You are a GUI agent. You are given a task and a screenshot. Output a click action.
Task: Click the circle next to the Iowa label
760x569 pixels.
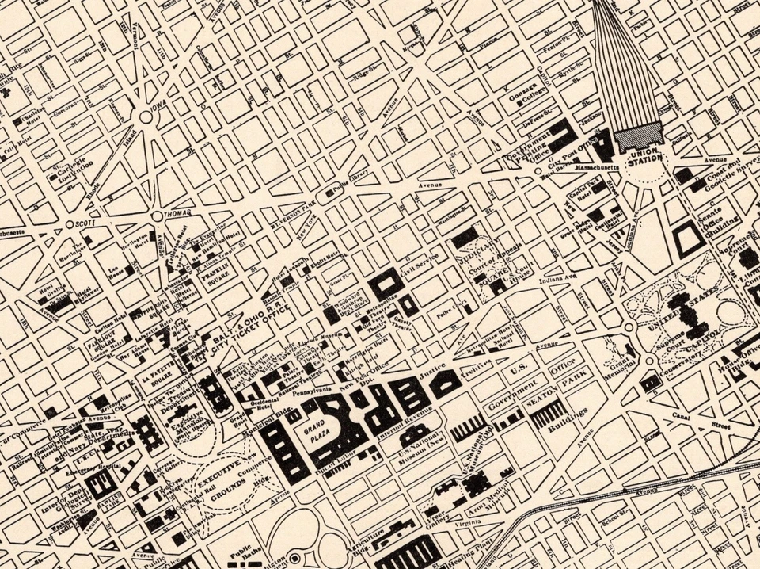point(145,117)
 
